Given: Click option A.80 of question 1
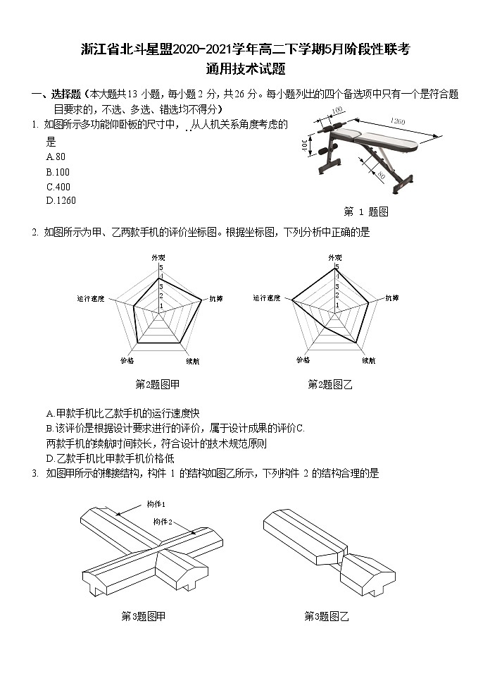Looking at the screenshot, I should [x=56, y=157].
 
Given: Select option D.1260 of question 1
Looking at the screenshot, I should [x=61, y=200].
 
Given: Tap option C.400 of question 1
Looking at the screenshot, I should [x=58, y=186].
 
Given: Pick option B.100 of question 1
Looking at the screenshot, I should [x=58, y=171].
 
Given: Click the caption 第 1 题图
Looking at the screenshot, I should [x=365, y=211].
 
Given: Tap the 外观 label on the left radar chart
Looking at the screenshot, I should [x=158, y=258].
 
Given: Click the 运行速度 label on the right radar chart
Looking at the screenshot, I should [x=268, y=298].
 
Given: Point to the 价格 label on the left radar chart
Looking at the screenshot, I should [x=127, y=360].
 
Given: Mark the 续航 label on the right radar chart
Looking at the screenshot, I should [x=368, y=360].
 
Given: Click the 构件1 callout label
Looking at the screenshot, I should [x=156, y=504].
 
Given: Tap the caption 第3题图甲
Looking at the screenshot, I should [x=144, y=616].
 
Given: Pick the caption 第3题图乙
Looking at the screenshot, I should [x=327, y=616].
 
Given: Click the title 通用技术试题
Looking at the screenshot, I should [x=245, y=69].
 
